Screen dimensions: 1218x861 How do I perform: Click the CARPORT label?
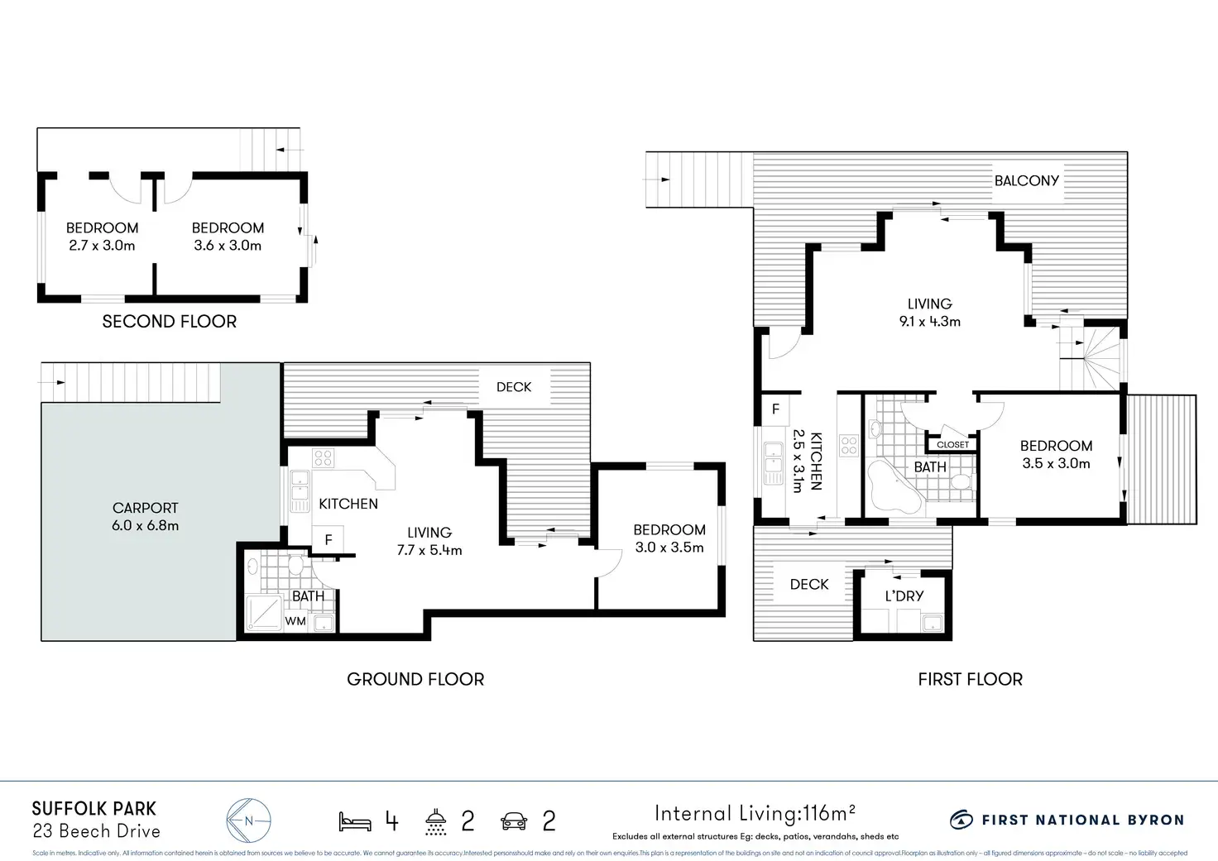tap(146, 508)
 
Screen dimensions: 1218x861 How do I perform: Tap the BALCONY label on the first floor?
tap(1026, 180)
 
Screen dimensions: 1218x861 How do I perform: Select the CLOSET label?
tap(952, 445)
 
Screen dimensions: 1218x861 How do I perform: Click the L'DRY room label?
tap(904, 596)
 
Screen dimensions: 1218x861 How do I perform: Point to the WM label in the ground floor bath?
tap(295, 620)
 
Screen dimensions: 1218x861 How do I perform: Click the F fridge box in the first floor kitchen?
tap(775, 409)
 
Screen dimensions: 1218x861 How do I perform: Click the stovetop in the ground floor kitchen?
tap(323, 458)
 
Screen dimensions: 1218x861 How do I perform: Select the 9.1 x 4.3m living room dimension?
tap(929, 322)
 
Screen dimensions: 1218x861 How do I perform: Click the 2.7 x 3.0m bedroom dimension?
tap(102, 246)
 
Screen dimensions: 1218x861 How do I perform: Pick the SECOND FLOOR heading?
tap(169, 322)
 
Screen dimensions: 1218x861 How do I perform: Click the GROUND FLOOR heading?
tap(415, 679)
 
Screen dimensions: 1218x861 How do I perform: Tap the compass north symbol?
tap(248, 820)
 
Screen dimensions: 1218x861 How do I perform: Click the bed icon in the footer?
tap(355, 821)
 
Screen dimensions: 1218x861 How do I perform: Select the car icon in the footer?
tap(514, 821)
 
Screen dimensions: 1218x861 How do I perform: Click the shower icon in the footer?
tap(435, 821)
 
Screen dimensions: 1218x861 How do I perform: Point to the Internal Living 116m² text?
tap(755, 814)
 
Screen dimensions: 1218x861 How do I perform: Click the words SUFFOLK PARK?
tap(94, 809)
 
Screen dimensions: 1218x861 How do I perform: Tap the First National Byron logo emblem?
tap(961, 820)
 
